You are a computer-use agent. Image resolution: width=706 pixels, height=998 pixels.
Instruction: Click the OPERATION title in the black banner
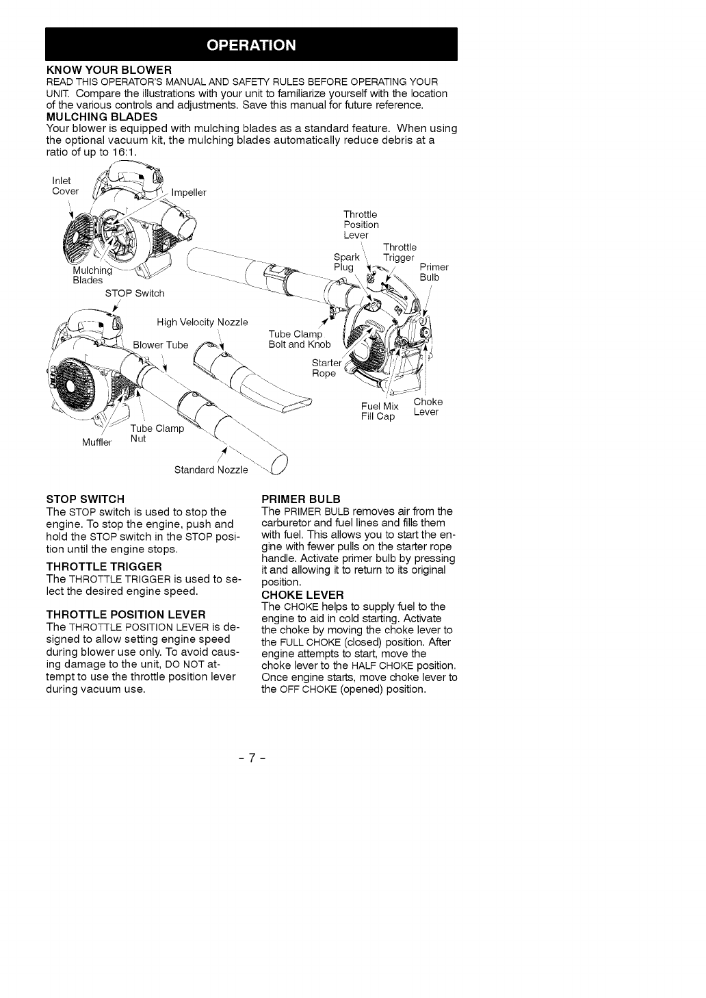tap(251, 45)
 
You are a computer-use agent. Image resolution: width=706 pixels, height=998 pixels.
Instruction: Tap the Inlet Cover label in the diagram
tap(66, 185)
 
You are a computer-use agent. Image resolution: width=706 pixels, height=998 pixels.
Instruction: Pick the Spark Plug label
tap(346, 262)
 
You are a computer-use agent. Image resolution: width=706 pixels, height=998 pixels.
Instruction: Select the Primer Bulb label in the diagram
tap(434, 272)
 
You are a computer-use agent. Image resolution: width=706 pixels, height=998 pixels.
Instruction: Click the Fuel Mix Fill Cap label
tap(380, 411)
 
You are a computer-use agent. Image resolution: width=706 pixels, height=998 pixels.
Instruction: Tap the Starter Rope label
tap(325, 368)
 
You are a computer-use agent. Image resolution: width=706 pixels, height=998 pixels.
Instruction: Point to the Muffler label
tap(96, 442)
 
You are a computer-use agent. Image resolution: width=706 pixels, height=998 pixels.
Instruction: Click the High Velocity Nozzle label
tap(202, 322)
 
